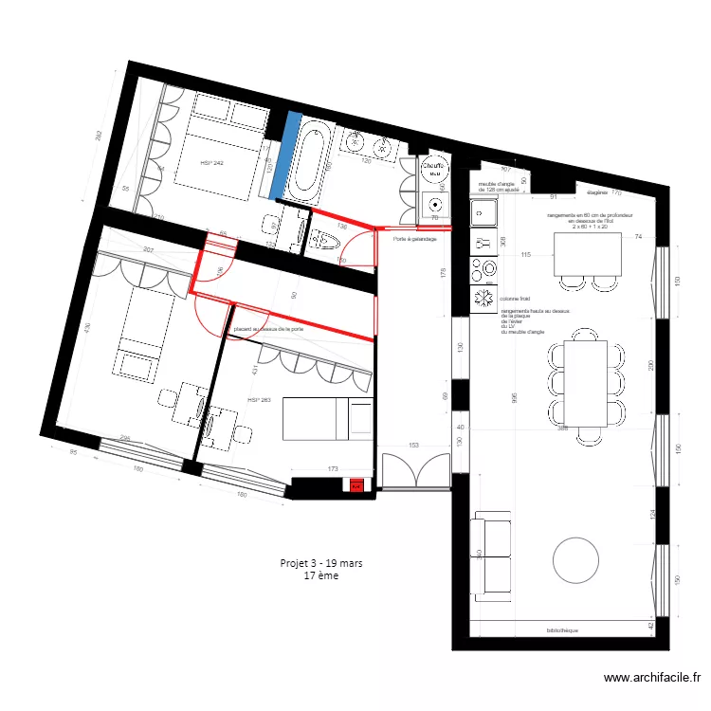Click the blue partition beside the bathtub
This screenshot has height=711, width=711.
[285, 156]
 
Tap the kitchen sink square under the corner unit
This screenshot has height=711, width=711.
[482, 213]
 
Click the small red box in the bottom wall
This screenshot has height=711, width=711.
[356, 486]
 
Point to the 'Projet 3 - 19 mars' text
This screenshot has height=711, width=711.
[321, 562]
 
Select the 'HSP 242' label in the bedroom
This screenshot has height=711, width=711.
[212, 164]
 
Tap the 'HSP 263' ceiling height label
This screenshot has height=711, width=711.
[259, 400]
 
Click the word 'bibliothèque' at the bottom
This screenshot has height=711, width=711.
[562, 630]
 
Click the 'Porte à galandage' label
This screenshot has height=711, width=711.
[415, 239]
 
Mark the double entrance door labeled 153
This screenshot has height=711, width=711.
[414, 471]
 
